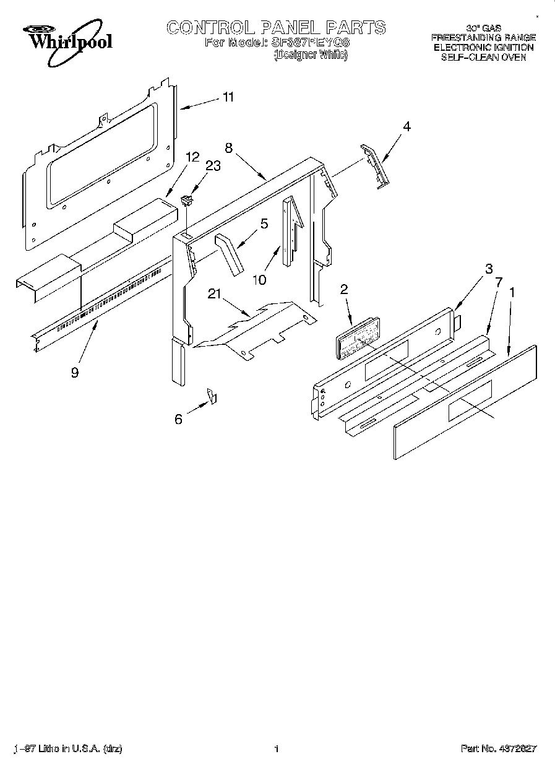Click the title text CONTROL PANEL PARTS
tap(276, 28)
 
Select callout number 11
tap(228, 97)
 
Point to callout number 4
tap(407, 126)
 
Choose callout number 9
tap(75, 373)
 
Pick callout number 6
tap(179, 419)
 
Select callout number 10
tap(259, 280)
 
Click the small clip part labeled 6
tap(212, 396)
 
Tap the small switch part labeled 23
tap(186, 200)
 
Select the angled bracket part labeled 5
tap(230, 254)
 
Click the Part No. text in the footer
tap(499, 749)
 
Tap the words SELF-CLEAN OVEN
tap(483, 57)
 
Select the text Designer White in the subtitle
tap(311, 55)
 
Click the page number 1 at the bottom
tap(277, 749)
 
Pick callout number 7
tap(499, 282)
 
